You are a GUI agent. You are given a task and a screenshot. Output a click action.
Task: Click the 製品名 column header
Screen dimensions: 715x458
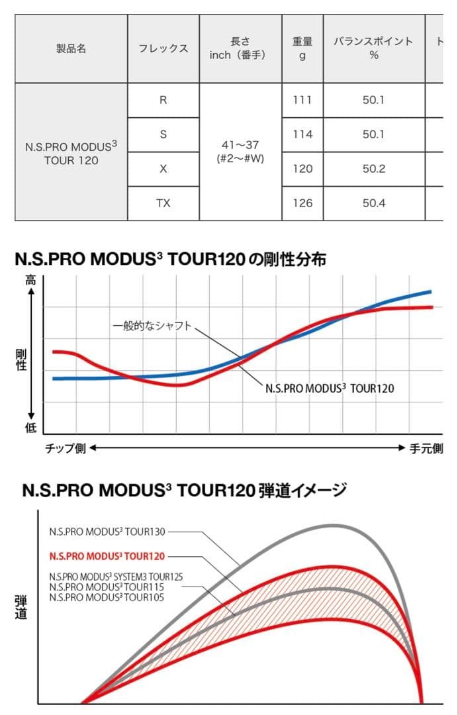(71, 48)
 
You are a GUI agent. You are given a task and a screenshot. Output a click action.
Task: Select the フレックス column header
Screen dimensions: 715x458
(163, 48)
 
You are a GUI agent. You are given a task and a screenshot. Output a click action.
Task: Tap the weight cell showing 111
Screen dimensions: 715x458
(302, 100)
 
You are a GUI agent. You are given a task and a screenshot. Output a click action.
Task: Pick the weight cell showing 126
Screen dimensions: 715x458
(302, 203)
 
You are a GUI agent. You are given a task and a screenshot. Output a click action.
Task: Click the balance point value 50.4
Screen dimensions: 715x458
(374, 203)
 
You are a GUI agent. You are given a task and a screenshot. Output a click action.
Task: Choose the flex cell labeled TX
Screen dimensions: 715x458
(163, 203)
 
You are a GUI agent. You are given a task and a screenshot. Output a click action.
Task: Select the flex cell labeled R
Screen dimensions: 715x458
(163, 100)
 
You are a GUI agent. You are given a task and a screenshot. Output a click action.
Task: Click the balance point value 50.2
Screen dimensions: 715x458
(374, 169)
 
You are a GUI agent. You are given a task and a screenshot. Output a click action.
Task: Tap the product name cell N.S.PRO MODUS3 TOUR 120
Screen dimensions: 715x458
(71, 152)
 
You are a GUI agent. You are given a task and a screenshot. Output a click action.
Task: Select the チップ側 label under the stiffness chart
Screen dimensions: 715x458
(66, 449)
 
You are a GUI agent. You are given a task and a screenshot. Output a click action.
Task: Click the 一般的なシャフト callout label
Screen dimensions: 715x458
(152, 326)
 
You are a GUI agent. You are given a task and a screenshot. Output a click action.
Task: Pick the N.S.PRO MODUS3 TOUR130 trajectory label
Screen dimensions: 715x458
(107, 531)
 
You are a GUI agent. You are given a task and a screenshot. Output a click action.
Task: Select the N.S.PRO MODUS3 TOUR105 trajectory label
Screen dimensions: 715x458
(107, 598)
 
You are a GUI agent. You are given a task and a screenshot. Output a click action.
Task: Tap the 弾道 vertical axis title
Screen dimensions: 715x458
(21, 607)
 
